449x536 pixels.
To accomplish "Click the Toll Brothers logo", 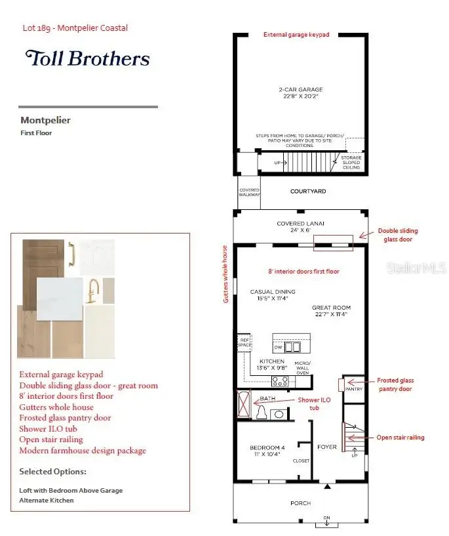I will click(x=87, y=58).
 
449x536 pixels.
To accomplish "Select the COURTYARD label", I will click(x=308, y=192).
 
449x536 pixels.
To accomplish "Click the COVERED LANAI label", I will click(x=300, y=223).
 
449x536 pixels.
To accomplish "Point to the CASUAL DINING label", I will click(x=273, y=292).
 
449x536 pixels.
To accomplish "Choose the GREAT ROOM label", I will click(x=331, y=308).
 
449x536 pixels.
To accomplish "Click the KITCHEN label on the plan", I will click(x=271, y=361).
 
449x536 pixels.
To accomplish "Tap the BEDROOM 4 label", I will click(x=267, y=447).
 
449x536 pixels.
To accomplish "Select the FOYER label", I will click(x=326, y=447).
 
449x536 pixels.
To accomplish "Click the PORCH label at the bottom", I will click(x=302, y=503).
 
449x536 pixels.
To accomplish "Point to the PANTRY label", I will click(x=354, y=389).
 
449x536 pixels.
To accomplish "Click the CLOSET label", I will click(x=301, y=461).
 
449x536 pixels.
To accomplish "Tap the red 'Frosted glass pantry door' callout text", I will click(x=395, y=384).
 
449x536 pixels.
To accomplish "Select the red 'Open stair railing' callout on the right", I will click(x=400, y=438).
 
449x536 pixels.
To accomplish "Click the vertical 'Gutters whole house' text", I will click(x=225, y=274).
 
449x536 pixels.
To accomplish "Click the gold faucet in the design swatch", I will click(x=94, y=288).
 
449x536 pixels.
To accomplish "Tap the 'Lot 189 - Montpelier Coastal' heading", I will click(x=75, y=28).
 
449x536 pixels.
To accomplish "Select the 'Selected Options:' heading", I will click(x=52, y=472).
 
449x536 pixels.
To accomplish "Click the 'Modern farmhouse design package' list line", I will click(x=83, y=451).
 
